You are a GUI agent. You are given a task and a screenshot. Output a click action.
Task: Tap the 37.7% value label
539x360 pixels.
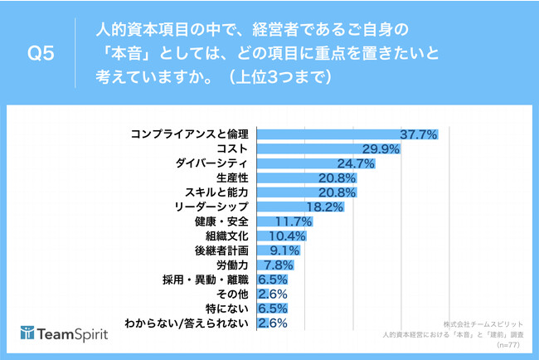pos(419,134)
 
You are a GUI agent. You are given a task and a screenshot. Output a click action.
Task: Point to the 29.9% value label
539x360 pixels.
pos(381,148)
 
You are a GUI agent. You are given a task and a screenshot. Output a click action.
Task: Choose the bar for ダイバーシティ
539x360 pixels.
pos(299,163)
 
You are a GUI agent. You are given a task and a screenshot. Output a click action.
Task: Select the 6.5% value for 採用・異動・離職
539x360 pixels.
pos(273,280)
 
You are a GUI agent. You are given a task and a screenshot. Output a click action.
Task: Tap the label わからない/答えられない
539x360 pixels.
pos(186,323)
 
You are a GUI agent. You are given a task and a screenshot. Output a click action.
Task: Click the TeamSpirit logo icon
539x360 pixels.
pos(32,334)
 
